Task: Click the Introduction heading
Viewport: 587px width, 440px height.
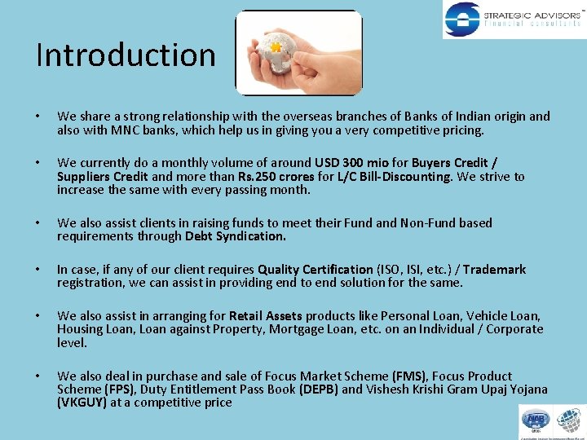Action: coord(126,55)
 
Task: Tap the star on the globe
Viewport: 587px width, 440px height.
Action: coord(276,48)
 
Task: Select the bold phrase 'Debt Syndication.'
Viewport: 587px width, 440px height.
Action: coord(236,236)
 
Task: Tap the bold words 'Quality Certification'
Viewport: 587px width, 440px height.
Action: coord(315,270)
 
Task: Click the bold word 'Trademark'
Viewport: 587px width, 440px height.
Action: coord(497,270)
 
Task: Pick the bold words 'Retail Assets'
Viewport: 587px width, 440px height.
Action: coord(266,316)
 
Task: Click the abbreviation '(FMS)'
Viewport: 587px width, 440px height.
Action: coord(408,376)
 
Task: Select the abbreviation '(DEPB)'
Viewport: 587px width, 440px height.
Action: coord(319,389)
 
